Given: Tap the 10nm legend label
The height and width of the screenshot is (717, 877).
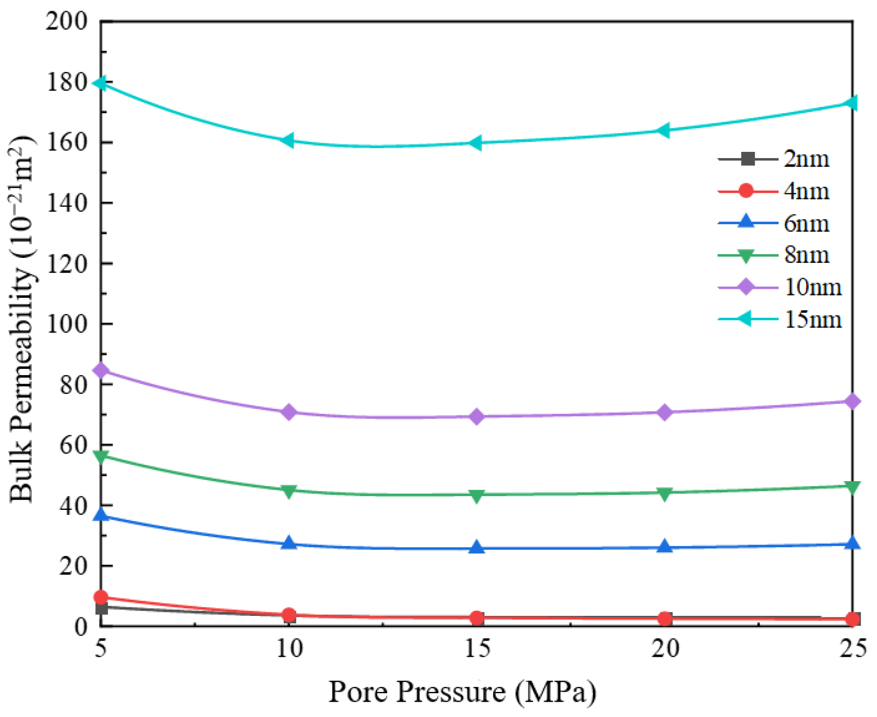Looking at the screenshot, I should point(813,287).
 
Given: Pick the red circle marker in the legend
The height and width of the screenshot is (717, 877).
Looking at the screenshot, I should point(746,191).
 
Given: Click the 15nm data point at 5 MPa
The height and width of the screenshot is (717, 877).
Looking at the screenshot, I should point(101,83).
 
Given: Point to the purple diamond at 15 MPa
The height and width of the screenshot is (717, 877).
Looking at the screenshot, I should point(476,416).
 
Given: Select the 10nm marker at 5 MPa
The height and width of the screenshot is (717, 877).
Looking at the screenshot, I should point(101,370).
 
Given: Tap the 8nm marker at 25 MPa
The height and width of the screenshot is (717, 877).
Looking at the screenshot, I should point(852,487).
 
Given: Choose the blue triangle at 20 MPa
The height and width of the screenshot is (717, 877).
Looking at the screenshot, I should point(665,546).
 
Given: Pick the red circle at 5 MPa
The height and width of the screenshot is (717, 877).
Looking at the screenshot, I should point(101,597).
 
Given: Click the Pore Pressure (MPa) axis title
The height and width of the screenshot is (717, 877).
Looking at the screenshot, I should point(462,692).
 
